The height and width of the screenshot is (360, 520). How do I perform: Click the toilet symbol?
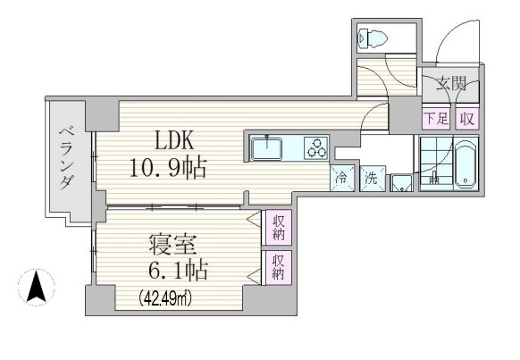373,38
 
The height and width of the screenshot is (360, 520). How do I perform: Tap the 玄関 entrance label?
450,83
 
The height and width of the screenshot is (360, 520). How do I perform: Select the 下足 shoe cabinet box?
436,118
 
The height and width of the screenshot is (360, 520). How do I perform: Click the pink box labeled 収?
467,118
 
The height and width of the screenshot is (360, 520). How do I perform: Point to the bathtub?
465,164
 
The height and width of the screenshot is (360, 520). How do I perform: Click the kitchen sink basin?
266,148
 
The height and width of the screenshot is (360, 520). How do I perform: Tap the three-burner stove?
316,148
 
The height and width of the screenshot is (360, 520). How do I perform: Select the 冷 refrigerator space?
342,179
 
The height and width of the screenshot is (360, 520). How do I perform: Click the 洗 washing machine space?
373,179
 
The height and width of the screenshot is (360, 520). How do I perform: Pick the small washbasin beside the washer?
401,183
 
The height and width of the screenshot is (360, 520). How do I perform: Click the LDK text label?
174,140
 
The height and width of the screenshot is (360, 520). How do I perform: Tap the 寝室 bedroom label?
172,246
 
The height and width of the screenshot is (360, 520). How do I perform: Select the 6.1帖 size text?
178,271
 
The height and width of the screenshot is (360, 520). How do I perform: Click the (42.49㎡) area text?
164,298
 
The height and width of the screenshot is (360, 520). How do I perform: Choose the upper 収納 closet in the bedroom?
278,228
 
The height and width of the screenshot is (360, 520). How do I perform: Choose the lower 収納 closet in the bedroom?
278,268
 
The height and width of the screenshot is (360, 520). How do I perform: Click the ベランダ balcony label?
66,159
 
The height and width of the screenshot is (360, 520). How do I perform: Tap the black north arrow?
37,287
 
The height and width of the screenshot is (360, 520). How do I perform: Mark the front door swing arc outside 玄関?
448,31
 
